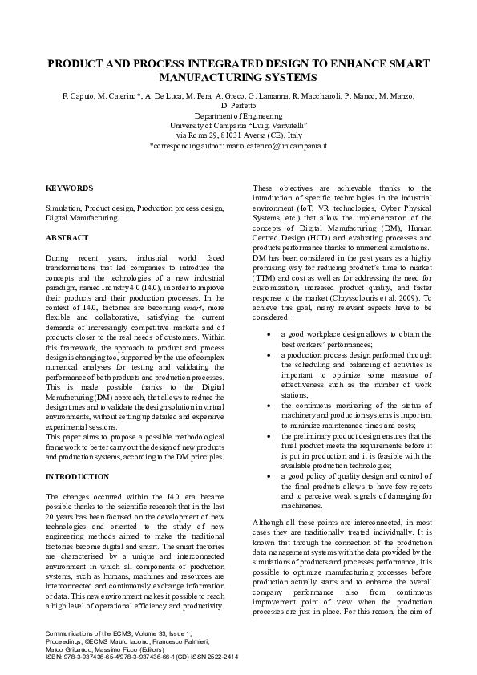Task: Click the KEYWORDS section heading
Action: click(x=69, y=188)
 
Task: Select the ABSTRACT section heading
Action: click(x=67, y=238)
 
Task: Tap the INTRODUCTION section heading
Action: click(x=77, y=477)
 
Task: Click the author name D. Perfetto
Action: click(x=238, y=106)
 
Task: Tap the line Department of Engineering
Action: click(x=238, y=116)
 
